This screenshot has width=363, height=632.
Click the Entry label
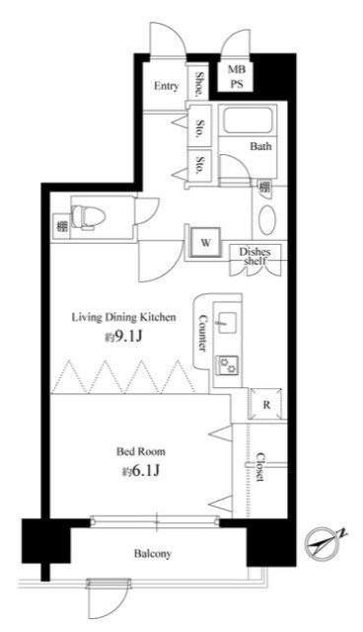pos(166,86)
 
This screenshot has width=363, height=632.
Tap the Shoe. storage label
pos(199,85)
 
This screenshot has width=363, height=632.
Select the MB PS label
pos(237,77)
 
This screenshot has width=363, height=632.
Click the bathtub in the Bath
pos(248,119)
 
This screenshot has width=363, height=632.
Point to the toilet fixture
pos(88,217)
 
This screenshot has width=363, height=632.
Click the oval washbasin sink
pos(267,220)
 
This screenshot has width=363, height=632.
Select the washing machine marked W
pos(205,243)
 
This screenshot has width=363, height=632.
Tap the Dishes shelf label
pos(255,257)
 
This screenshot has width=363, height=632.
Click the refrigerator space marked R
pos(265,404)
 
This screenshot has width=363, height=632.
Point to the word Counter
pos(203,333)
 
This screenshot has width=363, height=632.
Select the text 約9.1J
pos(124,337)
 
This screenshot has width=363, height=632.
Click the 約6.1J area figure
pos(141,471)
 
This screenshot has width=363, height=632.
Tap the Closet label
pos(260,467)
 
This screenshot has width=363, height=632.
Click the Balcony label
pos(153,554)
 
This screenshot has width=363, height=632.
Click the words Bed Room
pos(141,451)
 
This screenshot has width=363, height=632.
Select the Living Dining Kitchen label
pos(124,317)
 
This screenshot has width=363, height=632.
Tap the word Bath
pos(260,146)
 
